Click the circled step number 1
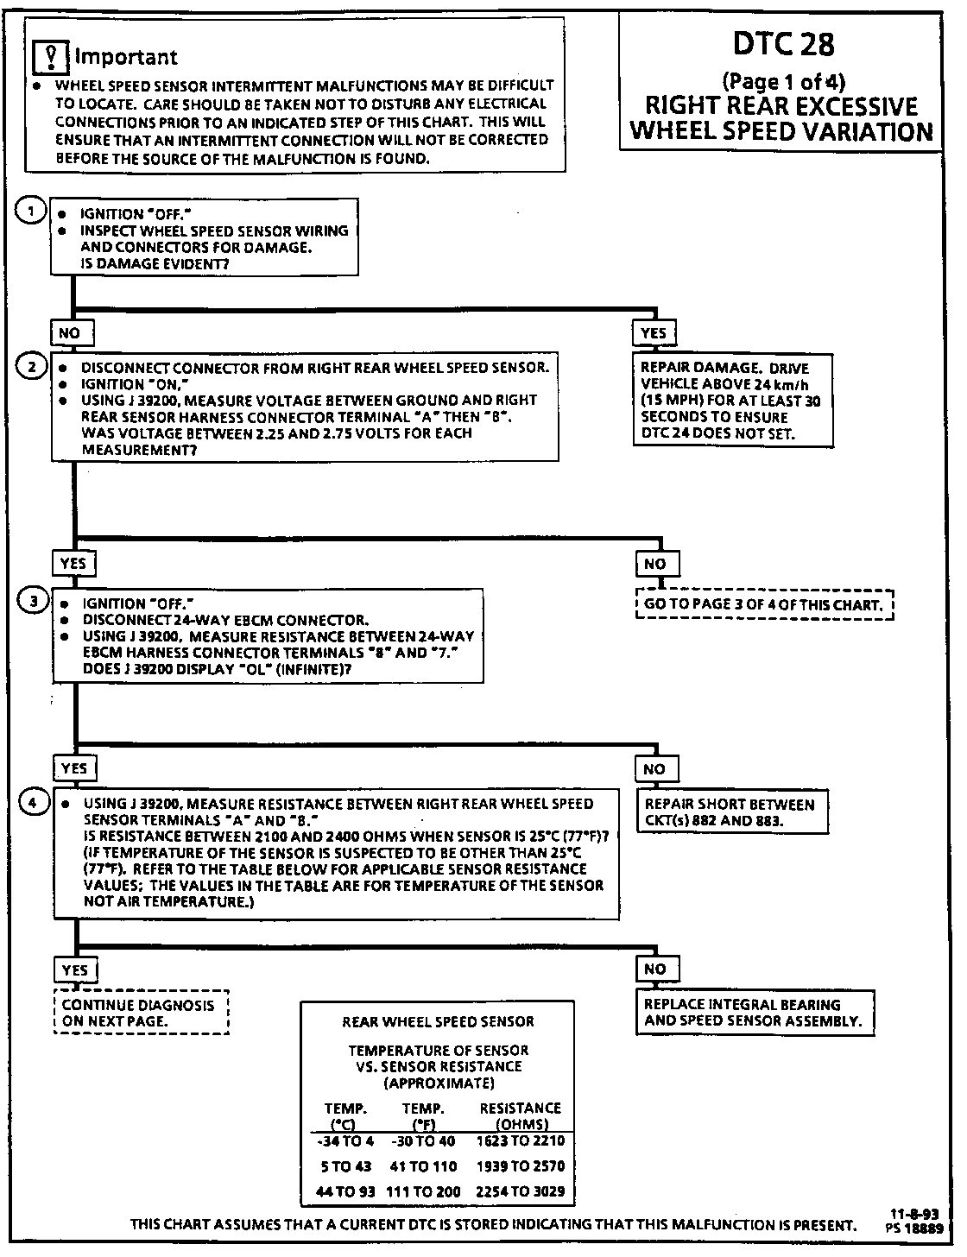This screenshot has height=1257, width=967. click(32, 212)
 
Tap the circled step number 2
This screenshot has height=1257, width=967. click(32, 367)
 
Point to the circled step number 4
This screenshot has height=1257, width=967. click(34, 803)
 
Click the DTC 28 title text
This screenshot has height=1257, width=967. click(783, 44)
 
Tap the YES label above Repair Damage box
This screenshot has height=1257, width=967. click(654, 333)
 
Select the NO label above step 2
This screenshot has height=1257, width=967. click(70, 333)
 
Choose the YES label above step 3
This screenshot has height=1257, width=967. click(73, 564)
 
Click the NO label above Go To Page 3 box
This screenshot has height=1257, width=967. click(655, 564)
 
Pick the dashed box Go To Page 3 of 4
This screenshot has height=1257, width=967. click(764, 604)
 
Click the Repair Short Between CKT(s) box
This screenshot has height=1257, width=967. click(730, 812)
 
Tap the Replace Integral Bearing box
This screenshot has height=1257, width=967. click(753, 1013)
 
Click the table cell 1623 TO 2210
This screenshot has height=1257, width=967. click(520, 1140)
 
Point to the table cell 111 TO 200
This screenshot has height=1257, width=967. click(424, 1191)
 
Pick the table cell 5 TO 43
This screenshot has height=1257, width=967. click(345, 1166)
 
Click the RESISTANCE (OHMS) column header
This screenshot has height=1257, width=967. click(520, 1115)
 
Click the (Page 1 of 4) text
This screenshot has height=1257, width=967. click(783, 82)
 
